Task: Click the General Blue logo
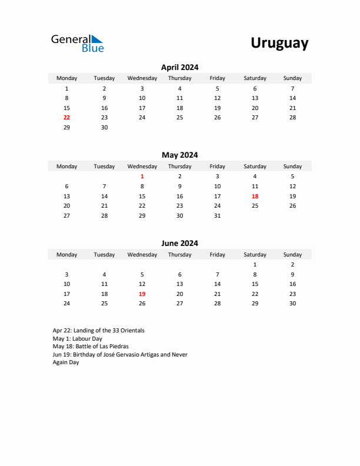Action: click(77, 43)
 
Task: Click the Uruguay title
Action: click(279, 43)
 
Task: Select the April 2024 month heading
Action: click(179, 67)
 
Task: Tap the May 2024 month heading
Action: click(179, 155)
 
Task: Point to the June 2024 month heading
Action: click(179, 243)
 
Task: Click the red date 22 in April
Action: click(66, 118)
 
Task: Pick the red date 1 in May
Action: click(142, 176)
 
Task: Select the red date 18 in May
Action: click(255, 196)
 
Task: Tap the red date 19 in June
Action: click(142, 294)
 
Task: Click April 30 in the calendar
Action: click(104, 128)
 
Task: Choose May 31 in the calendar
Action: click(217, 216)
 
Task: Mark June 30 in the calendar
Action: click(292, 304)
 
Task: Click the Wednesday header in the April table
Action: click(142, 78)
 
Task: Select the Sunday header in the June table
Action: click(292, 255)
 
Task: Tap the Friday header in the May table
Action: click(217, 167)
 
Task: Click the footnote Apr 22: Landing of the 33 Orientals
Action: click(98, 331)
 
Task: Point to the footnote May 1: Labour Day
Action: click(77, 339)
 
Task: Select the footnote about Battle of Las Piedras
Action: click(91, 347)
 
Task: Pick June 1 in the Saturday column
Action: click(255, 265)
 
